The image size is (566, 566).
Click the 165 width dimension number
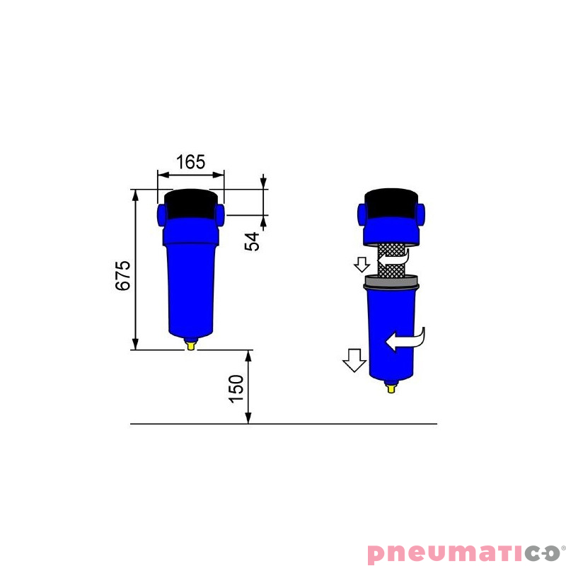coord(190,162)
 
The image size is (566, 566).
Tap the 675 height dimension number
coord(122,275)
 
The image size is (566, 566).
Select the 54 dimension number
coord(252,241)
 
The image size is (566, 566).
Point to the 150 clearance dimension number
coord(236,388)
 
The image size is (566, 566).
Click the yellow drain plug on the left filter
coord(191,345)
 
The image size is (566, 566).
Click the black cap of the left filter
coord(191,204)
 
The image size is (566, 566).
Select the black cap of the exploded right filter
coord(391,203)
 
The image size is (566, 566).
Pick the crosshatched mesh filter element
coord(391,260)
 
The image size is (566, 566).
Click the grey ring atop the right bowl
coord(391,282)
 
